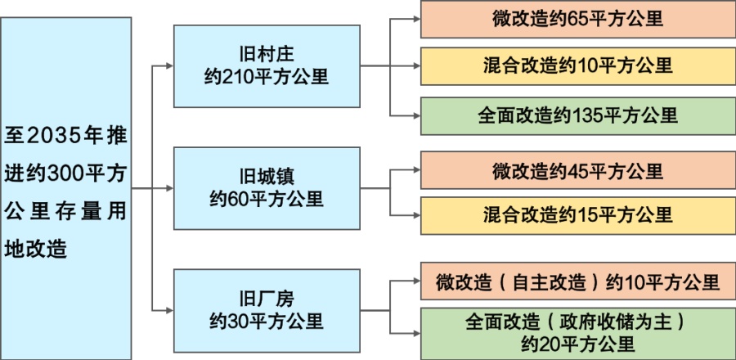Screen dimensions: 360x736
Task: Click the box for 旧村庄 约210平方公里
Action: pyautogui.click(x=267, y=65)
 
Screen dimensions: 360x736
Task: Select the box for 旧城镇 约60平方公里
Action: pyautogui.click(x=267, y=187)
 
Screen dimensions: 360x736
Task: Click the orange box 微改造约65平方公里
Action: pyautogui.click(x=577, y=19)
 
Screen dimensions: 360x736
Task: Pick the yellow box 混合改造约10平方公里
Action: pyautogui.click(x=577, y=66)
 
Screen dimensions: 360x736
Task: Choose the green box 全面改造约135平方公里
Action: pyautogui.click(x=577, y=115)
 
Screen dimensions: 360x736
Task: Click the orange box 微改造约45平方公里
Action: pyautogui.click(x=577, y=171)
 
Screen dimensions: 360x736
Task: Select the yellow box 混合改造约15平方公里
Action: pyautogui.click(x=577, y=214)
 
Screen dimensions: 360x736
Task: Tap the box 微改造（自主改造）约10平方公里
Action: pyautogui.click(x=577, y=282)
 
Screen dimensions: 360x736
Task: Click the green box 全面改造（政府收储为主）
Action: pyautogui.click(x=577, y=331)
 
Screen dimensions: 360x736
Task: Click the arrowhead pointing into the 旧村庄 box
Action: pyautogui.click(x=169, y=65)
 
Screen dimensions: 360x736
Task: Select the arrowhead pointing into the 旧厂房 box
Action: pyautogui.click(x=169, y=310)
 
